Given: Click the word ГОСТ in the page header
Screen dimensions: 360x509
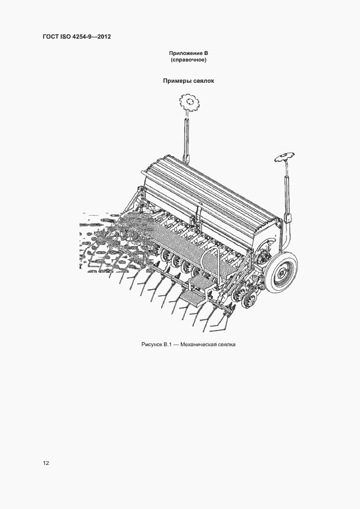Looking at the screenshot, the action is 50,36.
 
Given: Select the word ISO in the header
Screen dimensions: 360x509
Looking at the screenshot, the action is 65,36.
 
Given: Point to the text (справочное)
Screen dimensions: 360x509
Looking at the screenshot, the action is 188,60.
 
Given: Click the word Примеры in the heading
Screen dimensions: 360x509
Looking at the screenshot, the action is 175,81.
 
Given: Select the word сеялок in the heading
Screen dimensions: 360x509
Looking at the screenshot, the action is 202,81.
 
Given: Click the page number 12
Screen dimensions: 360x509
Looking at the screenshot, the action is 46,463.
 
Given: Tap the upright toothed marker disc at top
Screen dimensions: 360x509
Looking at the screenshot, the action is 189,102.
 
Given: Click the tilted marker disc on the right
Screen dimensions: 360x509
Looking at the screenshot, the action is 284,158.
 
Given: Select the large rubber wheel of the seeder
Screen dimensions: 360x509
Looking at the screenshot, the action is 281,270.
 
